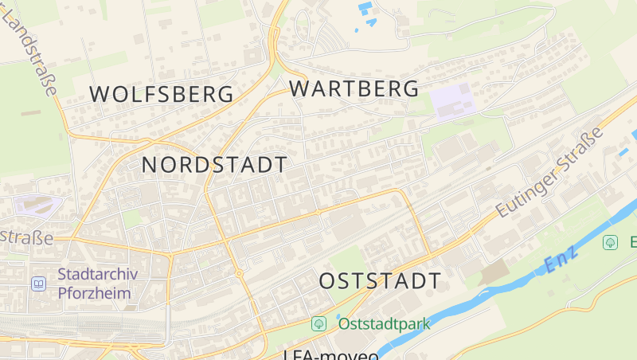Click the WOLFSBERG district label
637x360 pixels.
162,94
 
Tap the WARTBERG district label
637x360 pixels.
354,88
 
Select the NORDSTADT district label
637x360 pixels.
214,165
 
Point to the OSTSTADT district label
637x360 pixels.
380,281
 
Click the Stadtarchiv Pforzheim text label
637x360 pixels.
97,283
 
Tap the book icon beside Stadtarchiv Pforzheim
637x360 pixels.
38,283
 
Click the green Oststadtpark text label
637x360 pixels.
384,323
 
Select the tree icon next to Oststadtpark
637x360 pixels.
318,323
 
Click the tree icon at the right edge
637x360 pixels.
611,242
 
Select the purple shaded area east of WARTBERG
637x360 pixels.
452,102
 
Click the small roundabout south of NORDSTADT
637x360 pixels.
239,274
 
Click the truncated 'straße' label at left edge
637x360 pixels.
25,237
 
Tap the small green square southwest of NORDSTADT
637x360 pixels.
132,217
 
